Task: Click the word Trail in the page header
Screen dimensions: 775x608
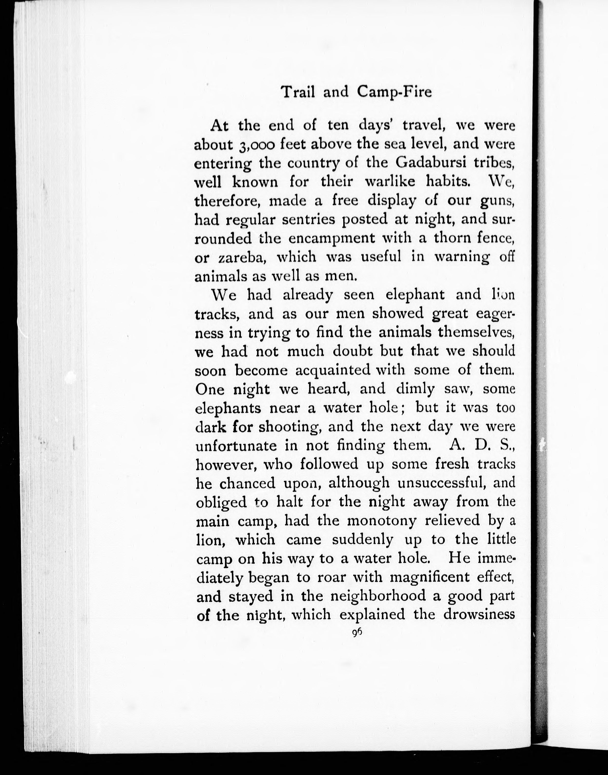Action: coord(298,92)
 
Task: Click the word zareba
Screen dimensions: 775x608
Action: coord(242,257)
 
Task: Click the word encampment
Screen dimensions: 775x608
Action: coord(332,238)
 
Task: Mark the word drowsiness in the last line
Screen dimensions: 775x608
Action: coord(479,615)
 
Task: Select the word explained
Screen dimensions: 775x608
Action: coord(372,615)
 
